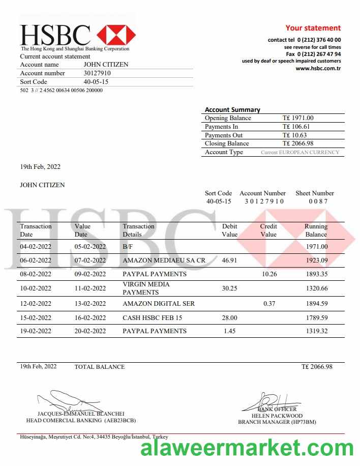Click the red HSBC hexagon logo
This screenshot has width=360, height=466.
[116, 35]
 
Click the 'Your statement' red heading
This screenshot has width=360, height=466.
[313, 28]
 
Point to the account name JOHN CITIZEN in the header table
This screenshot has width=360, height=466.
[106, 65]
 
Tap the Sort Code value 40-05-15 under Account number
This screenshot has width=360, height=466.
[96, 82]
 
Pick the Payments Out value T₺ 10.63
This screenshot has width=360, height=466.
[294, 135]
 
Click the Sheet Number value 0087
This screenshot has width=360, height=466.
[318, 201]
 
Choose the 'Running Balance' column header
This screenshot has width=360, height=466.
[316, 230]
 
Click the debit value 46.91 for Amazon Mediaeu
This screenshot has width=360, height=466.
[229, 260]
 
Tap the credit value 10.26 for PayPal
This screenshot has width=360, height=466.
[269, 274]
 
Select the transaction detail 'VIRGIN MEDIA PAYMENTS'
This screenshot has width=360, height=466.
[146, 288]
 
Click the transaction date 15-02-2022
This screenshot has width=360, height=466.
[36, 318]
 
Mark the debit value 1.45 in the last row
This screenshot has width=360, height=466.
[230, 331]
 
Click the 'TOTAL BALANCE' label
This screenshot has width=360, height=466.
[100, 367]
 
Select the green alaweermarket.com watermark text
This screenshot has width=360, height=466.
[247, 449]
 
